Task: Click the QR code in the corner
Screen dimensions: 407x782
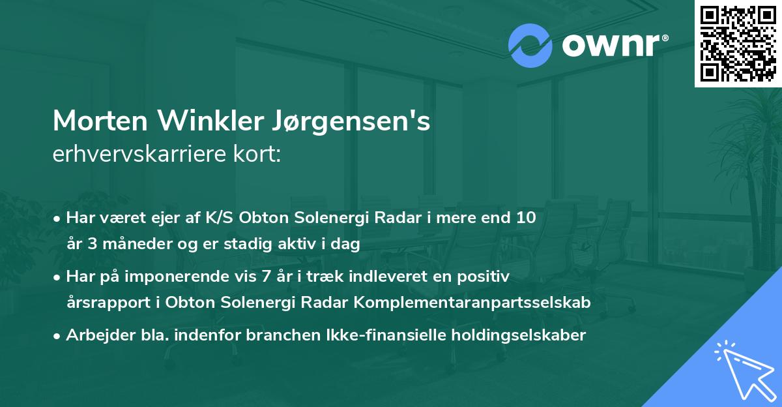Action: tap(738, 44)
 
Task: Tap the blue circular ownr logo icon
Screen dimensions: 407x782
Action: tap(529, 46)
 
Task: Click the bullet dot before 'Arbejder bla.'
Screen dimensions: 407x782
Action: tap(58, 337)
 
